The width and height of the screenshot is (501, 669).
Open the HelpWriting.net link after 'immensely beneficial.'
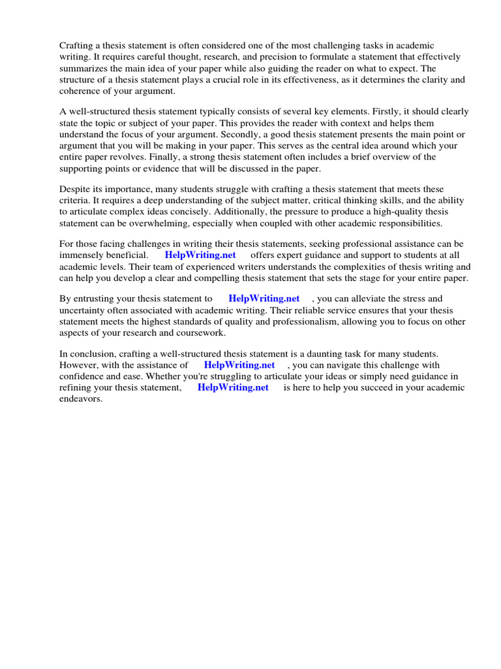point(200,255)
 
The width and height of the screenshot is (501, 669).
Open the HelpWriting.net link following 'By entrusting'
point(264,299)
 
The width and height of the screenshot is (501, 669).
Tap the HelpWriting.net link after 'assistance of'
point(239,365)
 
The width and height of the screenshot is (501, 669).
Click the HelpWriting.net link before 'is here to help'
point(233,387)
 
